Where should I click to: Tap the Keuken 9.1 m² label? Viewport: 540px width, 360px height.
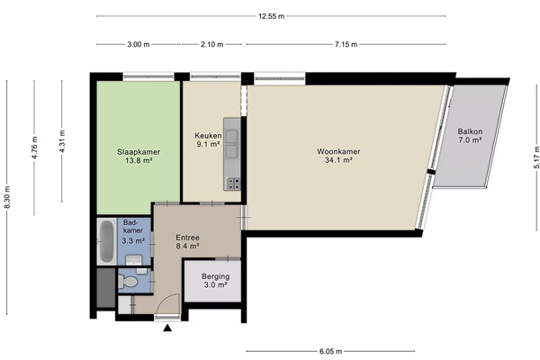coord(208,139)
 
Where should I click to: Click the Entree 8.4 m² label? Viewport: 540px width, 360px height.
coord(188,242)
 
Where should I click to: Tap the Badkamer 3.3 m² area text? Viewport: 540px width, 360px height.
coord(133,231)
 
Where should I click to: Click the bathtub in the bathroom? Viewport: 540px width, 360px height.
coord(106,241)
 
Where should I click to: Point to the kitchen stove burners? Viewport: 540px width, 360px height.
coord(233,184)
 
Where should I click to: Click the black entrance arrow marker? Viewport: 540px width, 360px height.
coord(167,328)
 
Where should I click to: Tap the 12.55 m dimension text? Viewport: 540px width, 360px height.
coord(272,16)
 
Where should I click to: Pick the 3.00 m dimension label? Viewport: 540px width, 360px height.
coord(139,44)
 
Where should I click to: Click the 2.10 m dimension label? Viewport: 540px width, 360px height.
coord(212,44)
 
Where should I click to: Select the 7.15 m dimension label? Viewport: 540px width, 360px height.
coord(346,44)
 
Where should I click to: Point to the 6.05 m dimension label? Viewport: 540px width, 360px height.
coord(330,351)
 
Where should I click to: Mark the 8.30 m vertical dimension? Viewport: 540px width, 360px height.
coord(7,197)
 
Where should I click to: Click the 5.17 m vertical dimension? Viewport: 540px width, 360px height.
coord(536,157)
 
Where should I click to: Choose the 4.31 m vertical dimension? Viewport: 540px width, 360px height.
coord(62,141)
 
